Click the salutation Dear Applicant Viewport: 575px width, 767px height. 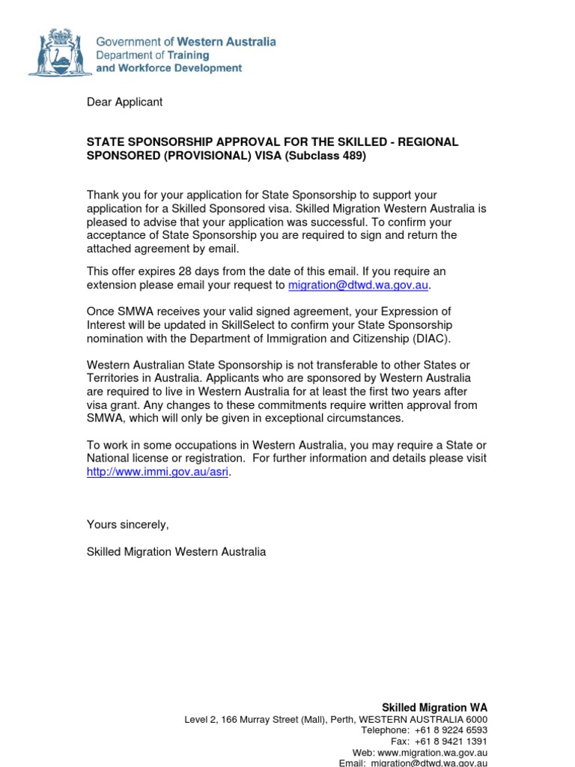click(x=124, y=102)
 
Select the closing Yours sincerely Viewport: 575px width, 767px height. click(x=128, y=524)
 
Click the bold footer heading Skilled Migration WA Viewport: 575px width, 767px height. click(x=434, y=707)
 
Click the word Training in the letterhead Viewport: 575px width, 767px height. click(x=188, y=55)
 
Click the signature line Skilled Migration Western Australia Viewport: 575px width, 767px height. click(x=176, y=552)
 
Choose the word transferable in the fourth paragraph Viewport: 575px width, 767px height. click(x=325, y=365)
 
